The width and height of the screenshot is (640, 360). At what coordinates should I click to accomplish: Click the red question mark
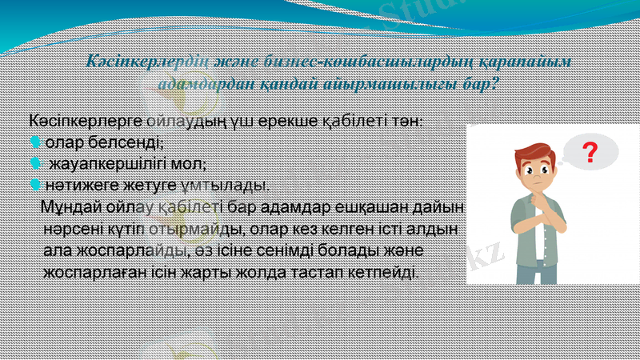coord(590,152)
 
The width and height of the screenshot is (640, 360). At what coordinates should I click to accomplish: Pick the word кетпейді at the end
coord(382,272)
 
